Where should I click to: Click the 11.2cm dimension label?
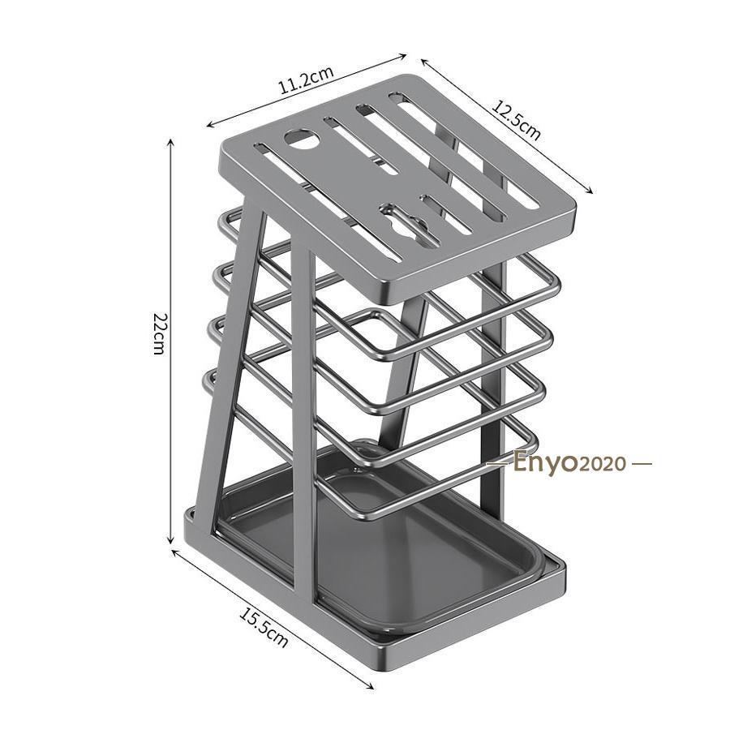tap(306, 80)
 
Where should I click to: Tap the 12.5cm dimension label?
tap(517, 121)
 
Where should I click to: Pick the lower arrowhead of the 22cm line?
tap(170, 539)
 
